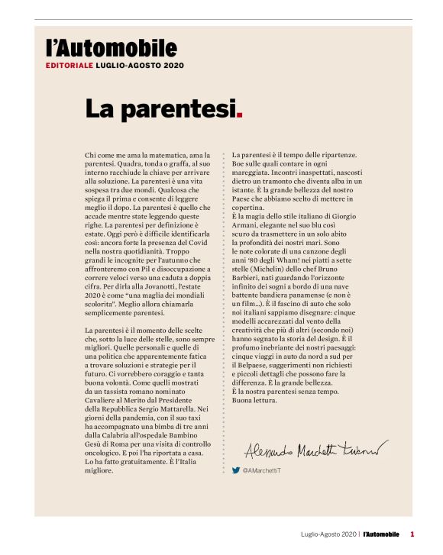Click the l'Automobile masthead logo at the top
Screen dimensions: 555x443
click(x=111, y=50)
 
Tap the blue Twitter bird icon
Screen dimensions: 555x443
click(x=236, y=470)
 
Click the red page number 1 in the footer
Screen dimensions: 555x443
click(x=412, y=534)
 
